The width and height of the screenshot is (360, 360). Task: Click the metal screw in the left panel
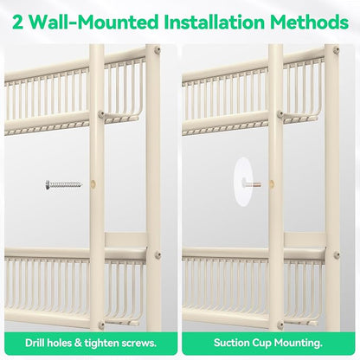tap(64, 184)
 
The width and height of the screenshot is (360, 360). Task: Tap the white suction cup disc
tap(243, 182)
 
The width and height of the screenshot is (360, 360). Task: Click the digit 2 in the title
tap(18, 22)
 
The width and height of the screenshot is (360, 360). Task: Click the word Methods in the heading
tap(309, 22)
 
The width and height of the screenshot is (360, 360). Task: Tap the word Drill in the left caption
tap(35, 343)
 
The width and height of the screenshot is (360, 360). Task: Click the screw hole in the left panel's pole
tap(93, 183)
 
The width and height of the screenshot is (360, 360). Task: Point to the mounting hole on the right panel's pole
tap(272, 183)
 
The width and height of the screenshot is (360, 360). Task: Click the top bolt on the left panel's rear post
tap(157, 50)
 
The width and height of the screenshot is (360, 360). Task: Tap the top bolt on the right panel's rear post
tap(337, 50)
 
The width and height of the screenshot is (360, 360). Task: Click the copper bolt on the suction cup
tap(252, 183)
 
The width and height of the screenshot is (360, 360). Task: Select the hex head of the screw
tap(48, 184)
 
